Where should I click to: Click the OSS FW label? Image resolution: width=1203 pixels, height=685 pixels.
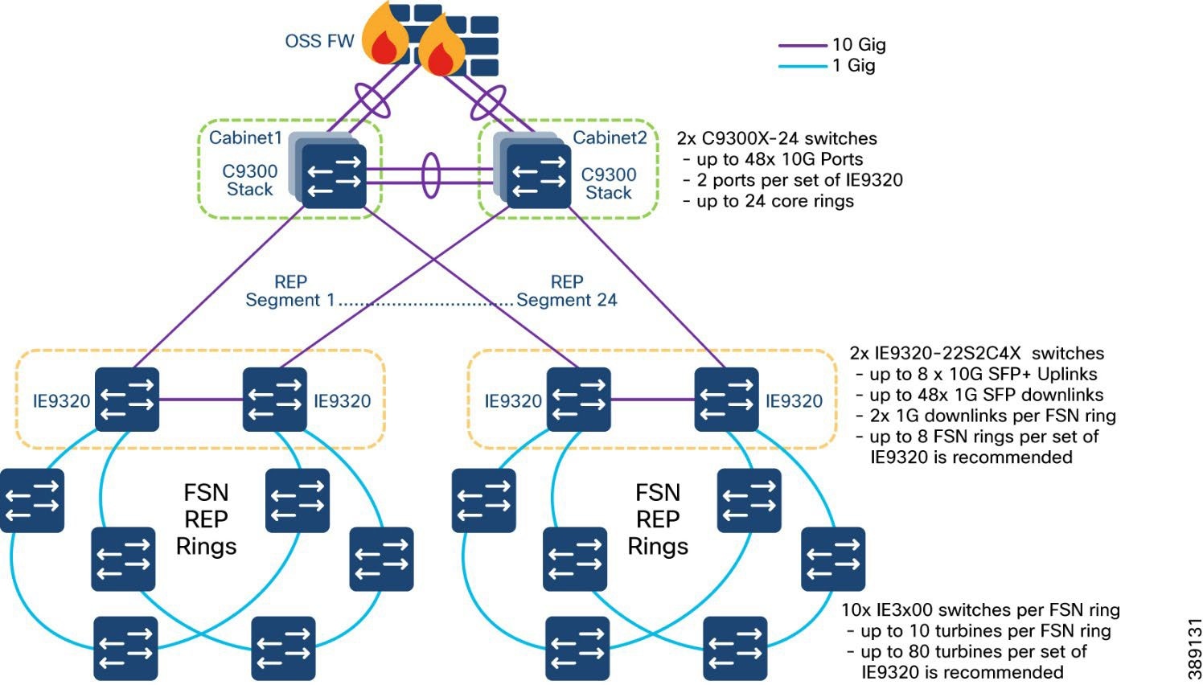click(319, 41)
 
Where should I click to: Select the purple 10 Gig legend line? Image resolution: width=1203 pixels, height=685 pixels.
click(802, 45)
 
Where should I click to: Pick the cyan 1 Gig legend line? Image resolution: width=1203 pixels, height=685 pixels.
click(802, 66)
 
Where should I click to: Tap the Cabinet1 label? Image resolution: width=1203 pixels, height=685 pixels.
click(245, 137)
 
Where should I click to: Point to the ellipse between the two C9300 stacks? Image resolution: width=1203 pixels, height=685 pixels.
click(432, 175)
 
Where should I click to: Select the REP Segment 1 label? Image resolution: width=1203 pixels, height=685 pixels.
click(289, 291)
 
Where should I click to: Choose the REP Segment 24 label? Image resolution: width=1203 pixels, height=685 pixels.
click(566, 291)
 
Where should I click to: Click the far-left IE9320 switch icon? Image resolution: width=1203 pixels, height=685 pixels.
click(127, 400)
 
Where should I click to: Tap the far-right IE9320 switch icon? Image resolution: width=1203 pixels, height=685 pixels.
click(726, 400)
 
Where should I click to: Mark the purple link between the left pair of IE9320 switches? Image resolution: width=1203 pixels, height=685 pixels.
click(201, 399)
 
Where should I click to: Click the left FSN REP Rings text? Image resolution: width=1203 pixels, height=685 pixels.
click(206, 519)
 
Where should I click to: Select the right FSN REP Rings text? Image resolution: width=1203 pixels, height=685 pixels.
click(658, 519)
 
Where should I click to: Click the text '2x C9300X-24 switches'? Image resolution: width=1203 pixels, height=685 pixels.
click(777, 138)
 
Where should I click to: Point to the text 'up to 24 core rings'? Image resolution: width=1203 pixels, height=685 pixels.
click(774, 201)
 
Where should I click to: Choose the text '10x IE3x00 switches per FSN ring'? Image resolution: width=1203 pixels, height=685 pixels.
click(980, 610)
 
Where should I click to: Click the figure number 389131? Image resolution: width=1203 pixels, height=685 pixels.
click(1193, 649)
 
